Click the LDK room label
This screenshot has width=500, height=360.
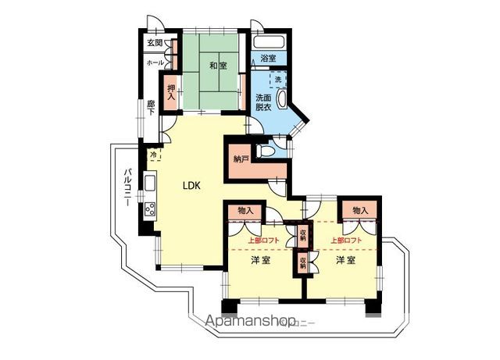coord(192,186)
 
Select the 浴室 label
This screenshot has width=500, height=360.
coord(269,59)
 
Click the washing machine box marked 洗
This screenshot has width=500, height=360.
coord(277,80)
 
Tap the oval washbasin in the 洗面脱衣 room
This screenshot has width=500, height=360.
coord(281,103)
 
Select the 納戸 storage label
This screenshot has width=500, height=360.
coord(241,160)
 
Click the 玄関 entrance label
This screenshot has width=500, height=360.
coord(155,43)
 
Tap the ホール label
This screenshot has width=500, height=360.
coord(155,62)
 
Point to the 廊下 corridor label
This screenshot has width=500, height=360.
coord(151,107)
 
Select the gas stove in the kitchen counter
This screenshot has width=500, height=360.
coord(148,209)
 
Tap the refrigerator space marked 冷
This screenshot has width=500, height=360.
coord(153,155)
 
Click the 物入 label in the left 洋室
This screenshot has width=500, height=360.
coord(245,211)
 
